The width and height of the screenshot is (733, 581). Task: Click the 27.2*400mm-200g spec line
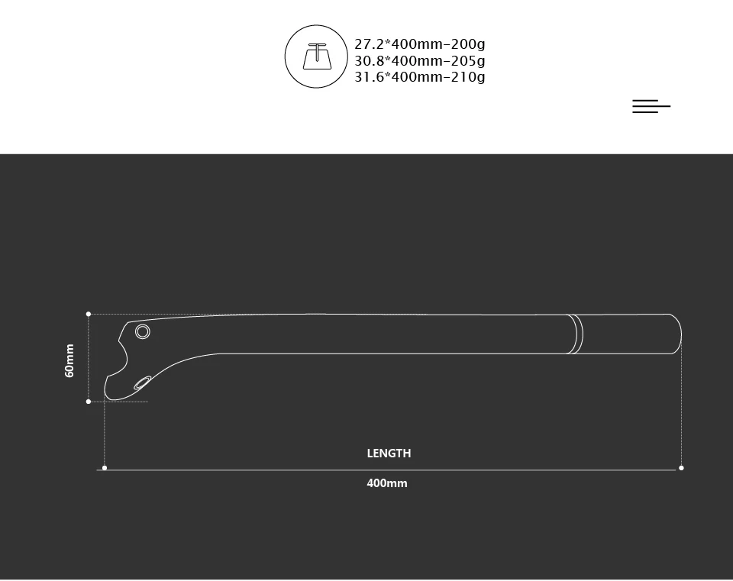pyautogui.click(x=420, y=44)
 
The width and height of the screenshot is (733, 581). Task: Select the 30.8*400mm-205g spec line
pyautogui.click(x=420, y=61)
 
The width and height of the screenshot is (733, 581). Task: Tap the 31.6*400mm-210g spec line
pyautogui.click(x=420, y=76)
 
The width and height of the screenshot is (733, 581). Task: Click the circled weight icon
pyautogui.click(x=316, y=56)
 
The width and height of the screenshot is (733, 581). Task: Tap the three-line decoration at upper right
pyautogui.click(x=651, y=106)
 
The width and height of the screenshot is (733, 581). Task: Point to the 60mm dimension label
pyautogui.click(x=69, y=360)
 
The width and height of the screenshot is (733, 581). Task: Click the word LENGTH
pyautogui.click(x=389, y=454)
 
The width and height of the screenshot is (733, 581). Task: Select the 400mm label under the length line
pyautogui.click(x=387, y=483)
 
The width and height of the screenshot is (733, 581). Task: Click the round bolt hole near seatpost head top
pyautogui.click(x=143, y=332)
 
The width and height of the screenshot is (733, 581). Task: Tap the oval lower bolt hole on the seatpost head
pyautogui.click(x=142, y=382)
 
